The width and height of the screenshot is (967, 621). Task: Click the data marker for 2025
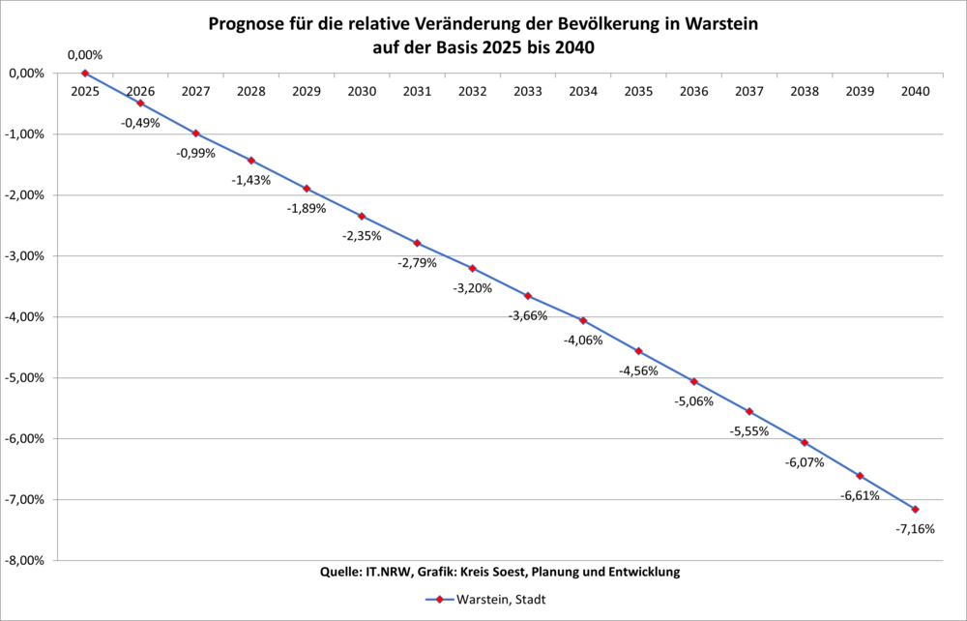tap(85, 74)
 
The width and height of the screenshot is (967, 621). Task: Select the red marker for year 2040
tap(915, 509)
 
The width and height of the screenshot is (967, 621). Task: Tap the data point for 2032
tap(473, 268)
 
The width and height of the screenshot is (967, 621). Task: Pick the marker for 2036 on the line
tap(693, 381)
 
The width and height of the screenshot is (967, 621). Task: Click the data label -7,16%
tap(916, 529)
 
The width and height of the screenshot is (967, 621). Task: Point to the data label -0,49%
tap(140, 123)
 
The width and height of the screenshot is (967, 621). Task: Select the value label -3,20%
tap(473, 288)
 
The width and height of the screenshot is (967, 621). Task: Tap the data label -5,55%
tap(749, 431)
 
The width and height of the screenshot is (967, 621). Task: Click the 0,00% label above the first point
tap(85, 56)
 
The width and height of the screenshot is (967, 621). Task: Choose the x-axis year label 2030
tap(362, 91)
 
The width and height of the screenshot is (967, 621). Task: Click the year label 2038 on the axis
tap(805, 91)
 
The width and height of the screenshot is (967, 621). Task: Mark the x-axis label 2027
tap(195, 91)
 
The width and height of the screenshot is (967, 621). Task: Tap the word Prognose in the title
tap(245, 23)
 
